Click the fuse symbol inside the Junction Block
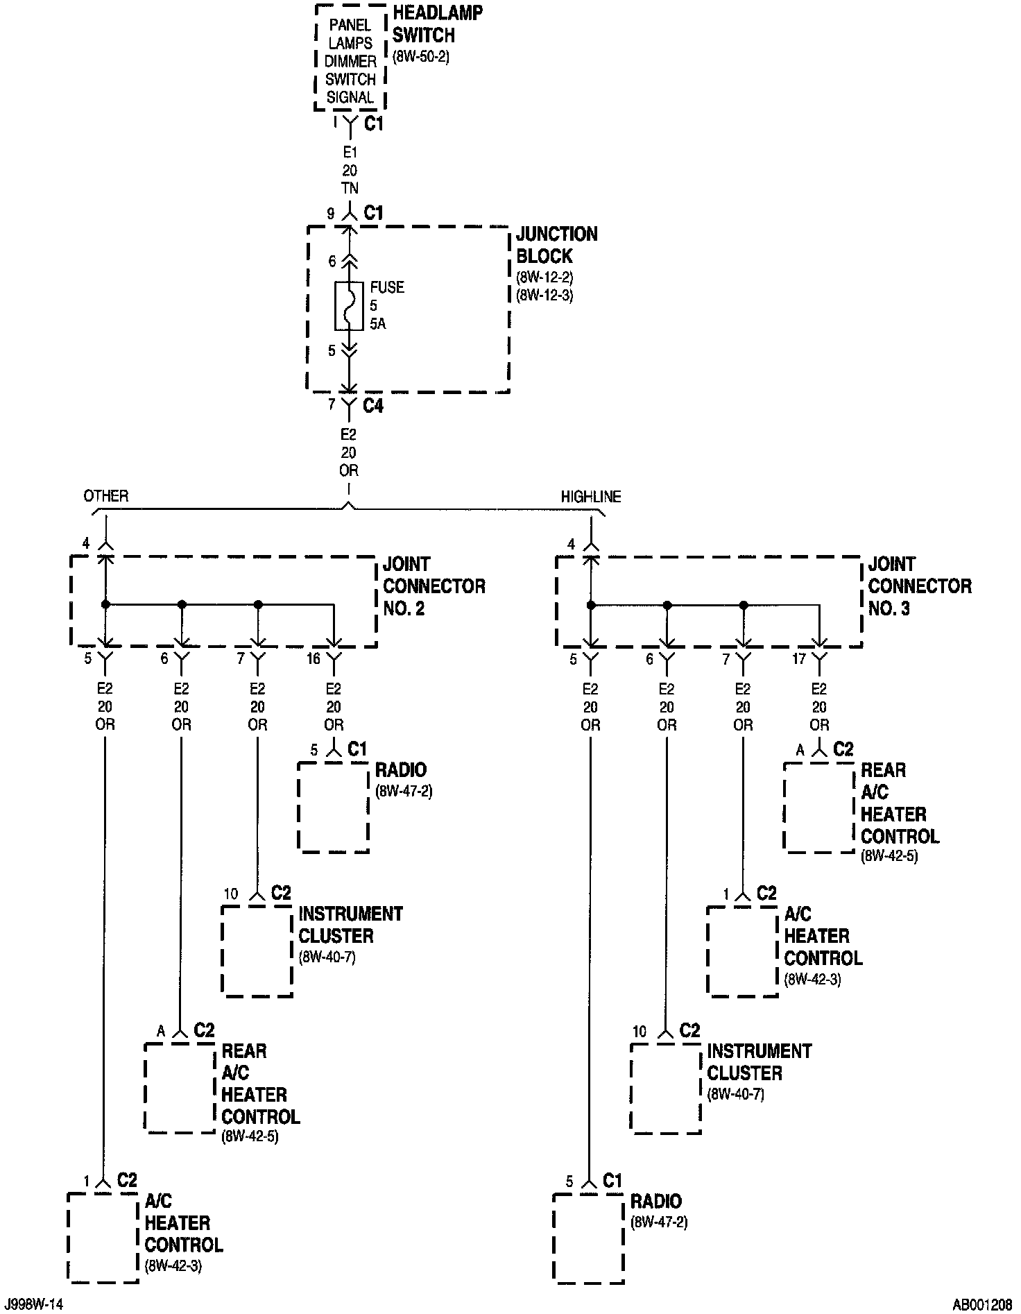coord(349,305)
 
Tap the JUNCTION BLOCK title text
coord(556,245)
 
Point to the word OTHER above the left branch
coord(106,496)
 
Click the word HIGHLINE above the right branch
coord(591,497)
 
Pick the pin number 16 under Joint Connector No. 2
coord(314,658)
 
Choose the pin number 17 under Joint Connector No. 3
coord(798,658)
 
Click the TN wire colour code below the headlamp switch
coord(350,189)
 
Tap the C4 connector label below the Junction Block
coord(373,405)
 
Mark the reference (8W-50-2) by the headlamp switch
coord(421,58)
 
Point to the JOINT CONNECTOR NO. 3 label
coord(919,586)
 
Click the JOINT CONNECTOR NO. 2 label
coord(434,586)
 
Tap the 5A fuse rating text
coord(378,323)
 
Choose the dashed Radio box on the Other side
coord(333,808)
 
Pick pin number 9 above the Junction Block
coord(332,214)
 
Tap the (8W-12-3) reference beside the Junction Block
coord(544,296)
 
